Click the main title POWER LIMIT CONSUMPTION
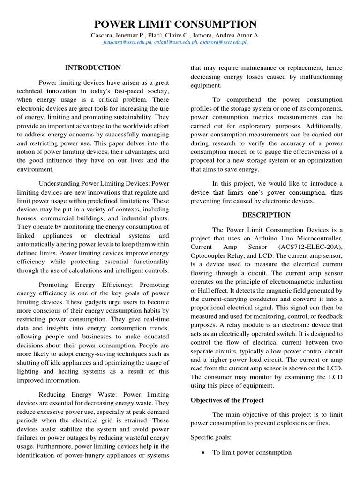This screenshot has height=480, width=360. [x=176, y=24]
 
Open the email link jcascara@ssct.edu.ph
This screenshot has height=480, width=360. [x=126, y=42]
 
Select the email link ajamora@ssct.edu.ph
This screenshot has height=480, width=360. [x=223, y=42]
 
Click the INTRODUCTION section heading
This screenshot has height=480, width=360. [x=93, y=68]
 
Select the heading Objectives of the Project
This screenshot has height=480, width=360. [x=227, y=400]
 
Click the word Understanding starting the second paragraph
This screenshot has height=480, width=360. [x=60, y=183]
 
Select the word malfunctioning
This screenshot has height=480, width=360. [x=317, y=77]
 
